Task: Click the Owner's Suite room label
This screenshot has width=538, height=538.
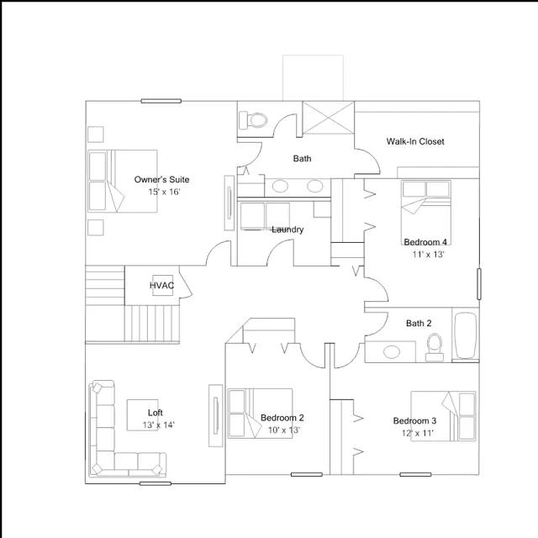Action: [161, 179]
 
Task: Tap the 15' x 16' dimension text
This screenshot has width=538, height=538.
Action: [164, 192]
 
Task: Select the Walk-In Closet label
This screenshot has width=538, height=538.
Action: [415, 141]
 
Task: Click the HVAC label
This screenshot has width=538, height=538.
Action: [161, 285]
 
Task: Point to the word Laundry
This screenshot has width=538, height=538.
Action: [287, 229]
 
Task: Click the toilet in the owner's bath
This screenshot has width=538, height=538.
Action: [254, 120]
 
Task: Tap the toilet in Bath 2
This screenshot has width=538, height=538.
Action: [435, 347]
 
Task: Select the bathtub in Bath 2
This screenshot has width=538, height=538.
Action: [465, 335]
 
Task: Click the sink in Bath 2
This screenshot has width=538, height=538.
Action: [392, 352]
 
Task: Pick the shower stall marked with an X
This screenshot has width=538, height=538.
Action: [329, 118]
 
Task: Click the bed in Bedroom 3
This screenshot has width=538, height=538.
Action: [443, 416]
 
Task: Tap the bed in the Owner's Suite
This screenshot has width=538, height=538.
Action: [123, 181]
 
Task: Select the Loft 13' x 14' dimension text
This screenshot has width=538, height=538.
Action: [159, 425]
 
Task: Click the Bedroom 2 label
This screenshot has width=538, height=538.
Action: [282, 418]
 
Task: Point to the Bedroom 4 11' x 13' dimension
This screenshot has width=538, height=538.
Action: [428, 254]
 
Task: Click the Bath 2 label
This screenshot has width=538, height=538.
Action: [419, 323]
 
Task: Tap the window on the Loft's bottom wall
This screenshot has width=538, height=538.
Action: [155, 483]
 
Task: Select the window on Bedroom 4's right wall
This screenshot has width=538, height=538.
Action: [479, 284]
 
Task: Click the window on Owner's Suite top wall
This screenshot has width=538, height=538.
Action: [161, 101]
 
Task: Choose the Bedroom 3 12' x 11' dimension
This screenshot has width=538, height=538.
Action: [417, 433]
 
